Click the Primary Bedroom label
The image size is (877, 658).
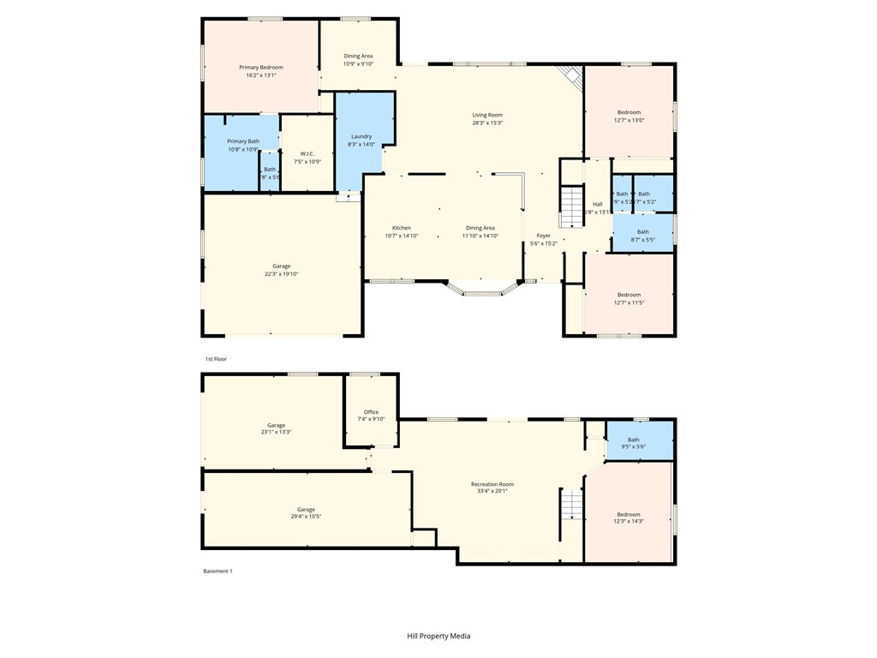click(260, 67)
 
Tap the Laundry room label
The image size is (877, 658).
click(361, 136)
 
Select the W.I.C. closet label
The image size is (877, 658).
click(307, 153)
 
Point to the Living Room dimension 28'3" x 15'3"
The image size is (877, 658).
click(487, 123)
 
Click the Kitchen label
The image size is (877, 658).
click(401, 228)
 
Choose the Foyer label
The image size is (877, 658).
click(544, 235)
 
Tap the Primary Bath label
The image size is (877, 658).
click(243, 141)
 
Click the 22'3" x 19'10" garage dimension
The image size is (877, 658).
click(281, 274)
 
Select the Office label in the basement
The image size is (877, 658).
click(371, 412)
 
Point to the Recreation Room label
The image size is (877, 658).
click(492, 483)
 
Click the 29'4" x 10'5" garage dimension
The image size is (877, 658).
click(306, 517)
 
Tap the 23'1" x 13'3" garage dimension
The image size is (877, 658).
click(276, 432)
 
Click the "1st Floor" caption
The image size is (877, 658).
click(215, 359)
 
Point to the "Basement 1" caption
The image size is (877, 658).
click(218, 571)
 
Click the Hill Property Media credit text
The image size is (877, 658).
click(438, 636)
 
